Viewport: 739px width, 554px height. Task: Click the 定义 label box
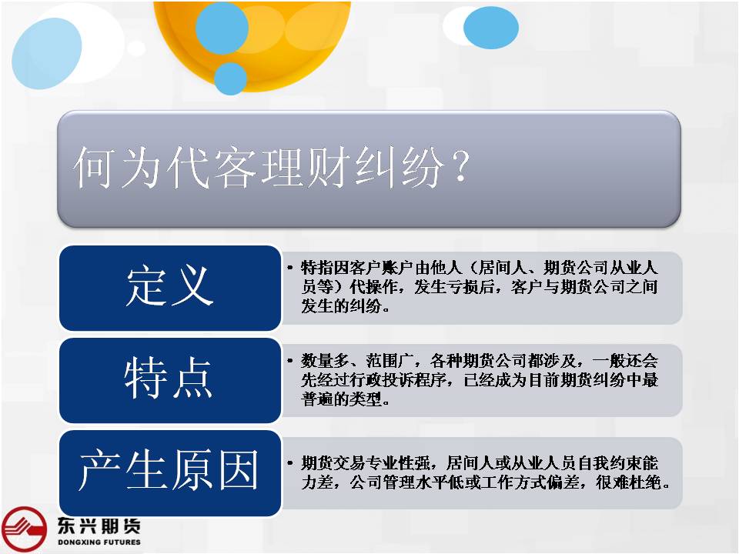click(x=170, y=288)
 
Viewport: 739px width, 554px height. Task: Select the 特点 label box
click(x=170, y=380)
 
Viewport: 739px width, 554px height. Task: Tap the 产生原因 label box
click(x=170, y=473)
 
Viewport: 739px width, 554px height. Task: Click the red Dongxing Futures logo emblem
click(x=24, y=529)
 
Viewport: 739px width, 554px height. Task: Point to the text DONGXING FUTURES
click(x=99, y=542)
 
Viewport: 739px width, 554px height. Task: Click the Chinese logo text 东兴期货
click(x=99, y=526)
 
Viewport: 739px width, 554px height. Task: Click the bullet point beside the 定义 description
click(x=290, y=268)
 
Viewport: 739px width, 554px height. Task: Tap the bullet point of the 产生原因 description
click(x=290, y=463)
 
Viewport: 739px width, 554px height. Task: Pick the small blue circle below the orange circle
click(x=230, y=78)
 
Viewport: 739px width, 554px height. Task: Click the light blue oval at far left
click(x=47, y=53)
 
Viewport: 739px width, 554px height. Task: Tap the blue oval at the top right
click(x=491, y=28)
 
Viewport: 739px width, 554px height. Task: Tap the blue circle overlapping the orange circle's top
click(x=222, y=28)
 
